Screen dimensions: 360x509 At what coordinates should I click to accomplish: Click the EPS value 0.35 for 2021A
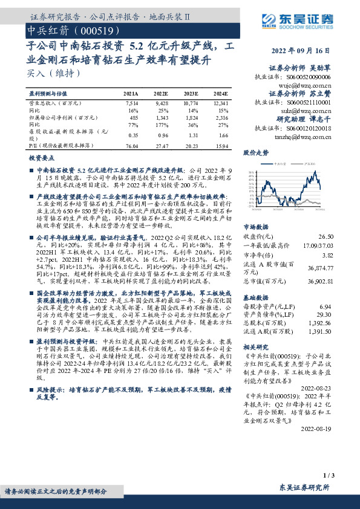tap(133, 137)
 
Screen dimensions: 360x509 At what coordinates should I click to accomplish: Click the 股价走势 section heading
tap(257, 154)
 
